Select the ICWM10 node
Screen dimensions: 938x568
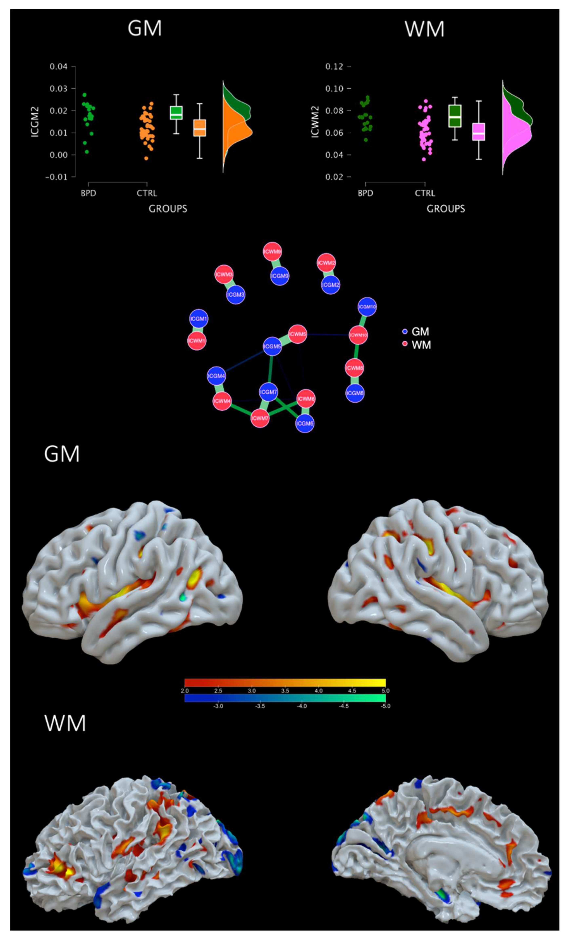[358, 335]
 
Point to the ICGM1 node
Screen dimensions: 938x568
[199, 319]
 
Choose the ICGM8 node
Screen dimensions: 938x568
[355, 393]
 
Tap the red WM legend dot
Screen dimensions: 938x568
[405, 344]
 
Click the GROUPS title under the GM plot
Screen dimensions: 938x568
[168, 209]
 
